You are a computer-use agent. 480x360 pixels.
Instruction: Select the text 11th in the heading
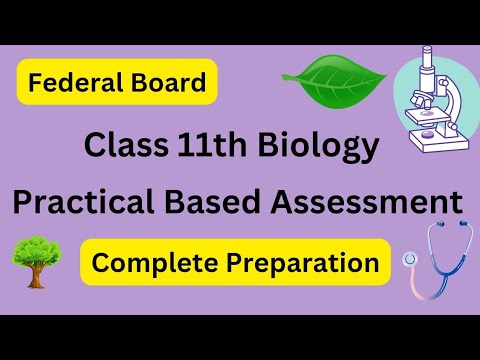209,146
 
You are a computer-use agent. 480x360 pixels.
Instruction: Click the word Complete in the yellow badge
148,263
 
